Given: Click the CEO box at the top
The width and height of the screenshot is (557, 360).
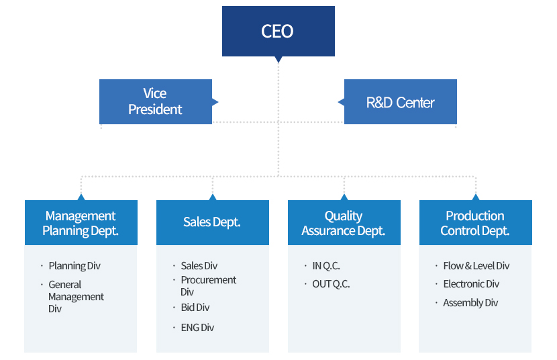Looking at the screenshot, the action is tap(278, 31).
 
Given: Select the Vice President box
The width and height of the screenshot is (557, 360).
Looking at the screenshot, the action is tap(156, 101).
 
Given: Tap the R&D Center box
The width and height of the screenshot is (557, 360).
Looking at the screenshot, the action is tap(401, 101).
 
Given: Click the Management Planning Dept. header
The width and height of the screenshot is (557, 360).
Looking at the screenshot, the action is tap(81, 222).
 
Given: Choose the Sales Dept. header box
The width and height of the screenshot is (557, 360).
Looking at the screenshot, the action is tap(213, 222).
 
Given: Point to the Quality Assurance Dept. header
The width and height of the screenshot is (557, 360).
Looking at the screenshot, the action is tap(344, 222).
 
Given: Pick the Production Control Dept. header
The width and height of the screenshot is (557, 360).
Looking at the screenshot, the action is tap(476, 222).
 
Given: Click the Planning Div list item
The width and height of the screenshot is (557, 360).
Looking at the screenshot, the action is tap(74, 266).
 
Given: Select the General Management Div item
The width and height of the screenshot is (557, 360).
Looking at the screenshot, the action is tap(76, 296).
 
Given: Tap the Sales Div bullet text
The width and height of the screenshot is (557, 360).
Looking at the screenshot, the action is tap(199, 266).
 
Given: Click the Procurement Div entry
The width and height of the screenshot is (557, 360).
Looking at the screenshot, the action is tap(208, 285).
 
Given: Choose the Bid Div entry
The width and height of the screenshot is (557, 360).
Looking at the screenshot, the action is tap(195, 307).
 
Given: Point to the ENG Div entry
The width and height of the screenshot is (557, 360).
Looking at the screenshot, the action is tap(197, 327).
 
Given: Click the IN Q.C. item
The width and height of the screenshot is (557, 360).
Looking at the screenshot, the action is tap(326, 266).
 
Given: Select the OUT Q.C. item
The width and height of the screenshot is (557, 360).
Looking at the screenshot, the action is tap(331, 284).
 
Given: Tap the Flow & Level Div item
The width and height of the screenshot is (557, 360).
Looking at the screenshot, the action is tap(476, 266).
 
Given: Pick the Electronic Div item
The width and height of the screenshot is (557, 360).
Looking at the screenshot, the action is tap(471, 284).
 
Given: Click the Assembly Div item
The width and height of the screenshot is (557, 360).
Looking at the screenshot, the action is tap(470, 303).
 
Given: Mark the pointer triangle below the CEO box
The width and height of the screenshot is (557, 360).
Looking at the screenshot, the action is tap(278, 59).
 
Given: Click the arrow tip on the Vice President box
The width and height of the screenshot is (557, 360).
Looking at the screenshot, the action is tap(218, 102).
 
